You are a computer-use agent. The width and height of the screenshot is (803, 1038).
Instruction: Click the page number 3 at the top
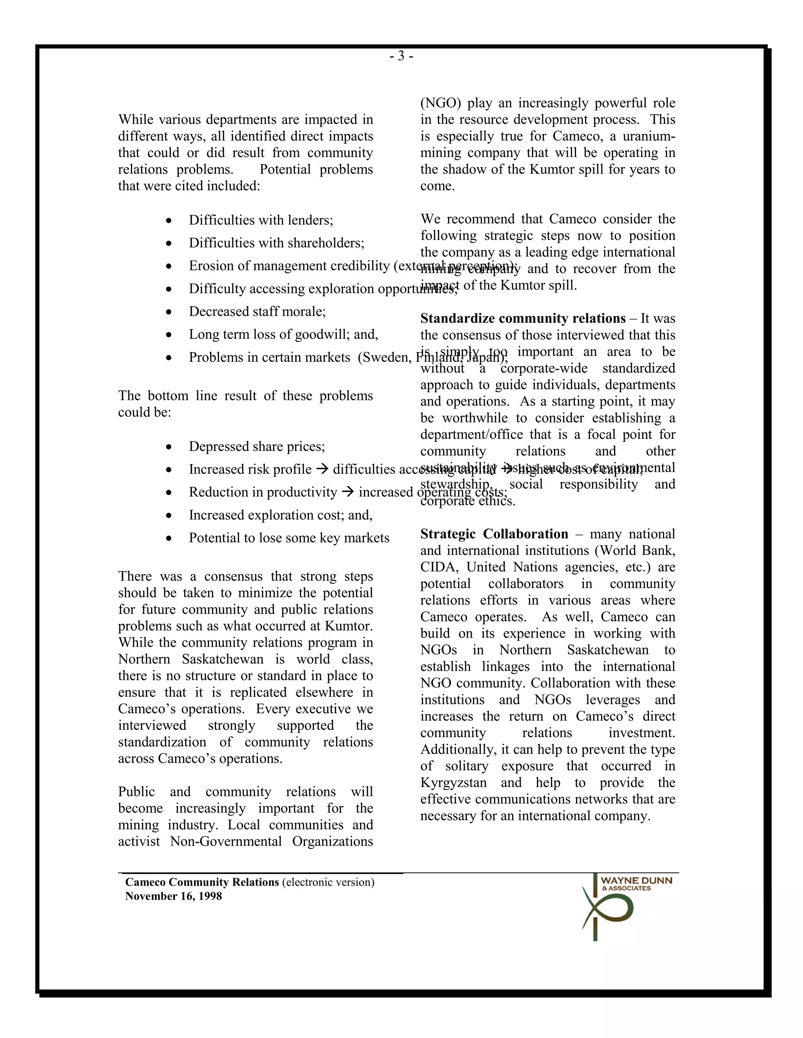[x=401, y=56]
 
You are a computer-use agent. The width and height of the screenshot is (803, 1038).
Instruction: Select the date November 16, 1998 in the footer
[x=173, y=896]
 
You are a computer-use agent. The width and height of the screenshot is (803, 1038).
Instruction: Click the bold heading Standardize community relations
[x=522, y=318]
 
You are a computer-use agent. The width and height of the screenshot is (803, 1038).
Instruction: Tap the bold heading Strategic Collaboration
[x=494, y=534]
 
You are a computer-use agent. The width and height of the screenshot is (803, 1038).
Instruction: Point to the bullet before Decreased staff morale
[x=169, y=312]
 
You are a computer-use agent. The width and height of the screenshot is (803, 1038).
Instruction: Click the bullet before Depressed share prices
[x=169, y=447]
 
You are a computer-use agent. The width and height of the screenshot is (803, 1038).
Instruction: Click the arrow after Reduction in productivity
[x=348, y=492]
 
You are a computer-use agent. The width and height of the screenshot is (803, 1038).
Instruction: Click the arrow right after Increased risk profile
[x=322, y=469]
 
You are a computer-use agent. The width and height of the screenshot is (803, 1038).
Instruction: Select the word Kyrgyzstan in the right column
[x=453, y=783]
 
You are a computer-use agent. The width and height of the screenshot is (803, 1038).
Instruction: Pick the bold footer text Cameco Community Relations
[x=202, y=882]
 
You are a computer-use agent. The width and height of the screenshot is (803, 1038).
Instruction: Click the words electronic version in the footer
[x=328, y=882]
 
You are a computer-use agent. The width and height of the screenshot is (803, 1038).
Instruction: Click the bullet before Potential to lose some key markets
[x=169, y=539]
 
